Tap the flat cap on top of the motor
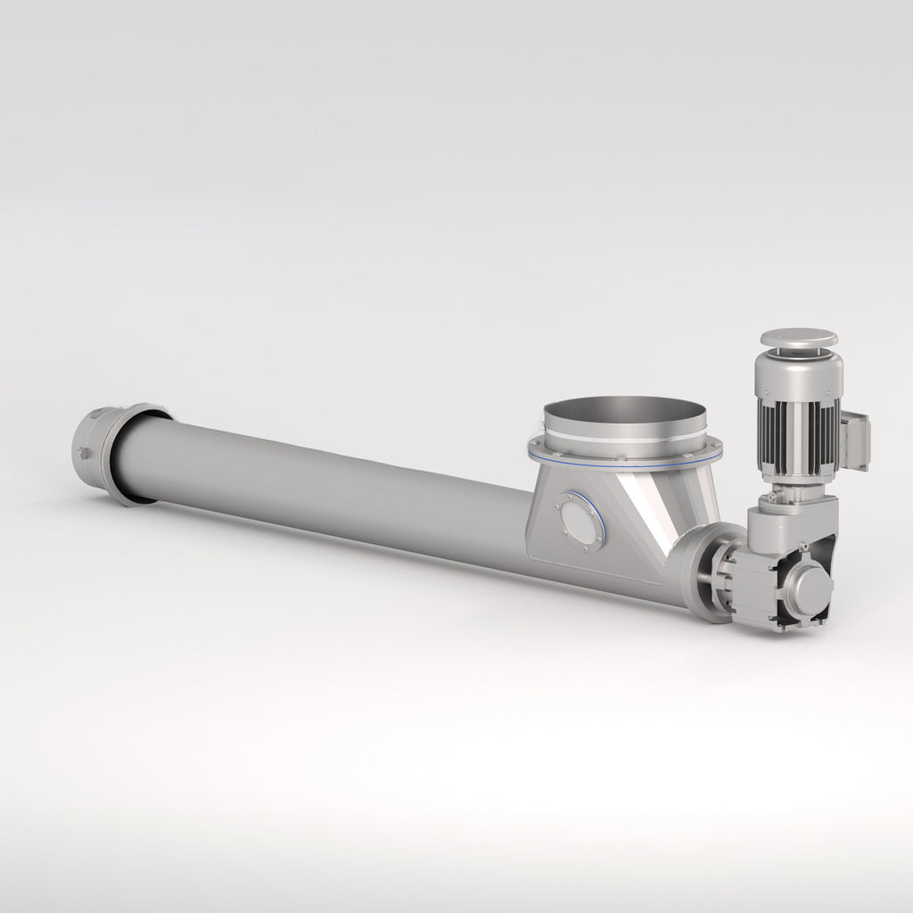[x=797, y=339]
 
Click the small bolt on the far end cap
[x=83, y=454]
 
